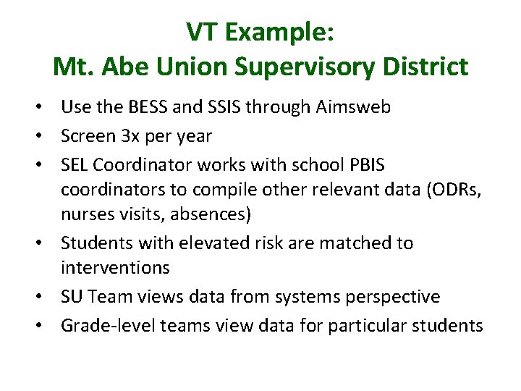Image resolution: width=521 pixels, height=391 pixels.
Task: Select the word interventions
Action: [x=115, y=268]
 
